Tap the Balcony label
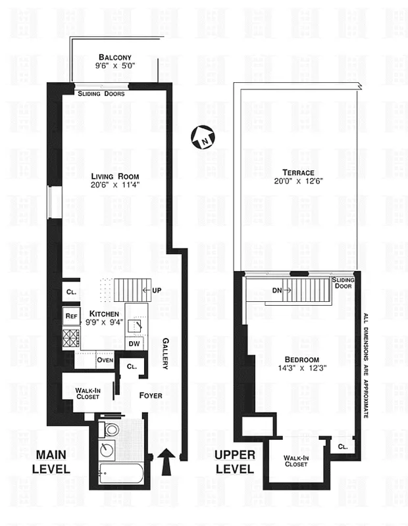click(x=114, y=57)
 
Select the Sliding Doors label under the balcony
click(x=101, y=94)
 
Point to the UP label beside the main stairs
click(x=157, y=290)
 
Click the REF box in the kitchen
click(x=71, y=316)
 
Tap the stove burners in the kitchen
click(x=71, y=339)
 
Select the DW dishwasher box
click(x=133, y=343)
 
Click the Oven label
click(x=105, y=360)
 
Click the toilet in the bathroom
click(x=111, y=430)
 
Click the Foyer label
click(x=150, y=395)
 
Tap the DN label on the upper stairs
click(x=258, y=289)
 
